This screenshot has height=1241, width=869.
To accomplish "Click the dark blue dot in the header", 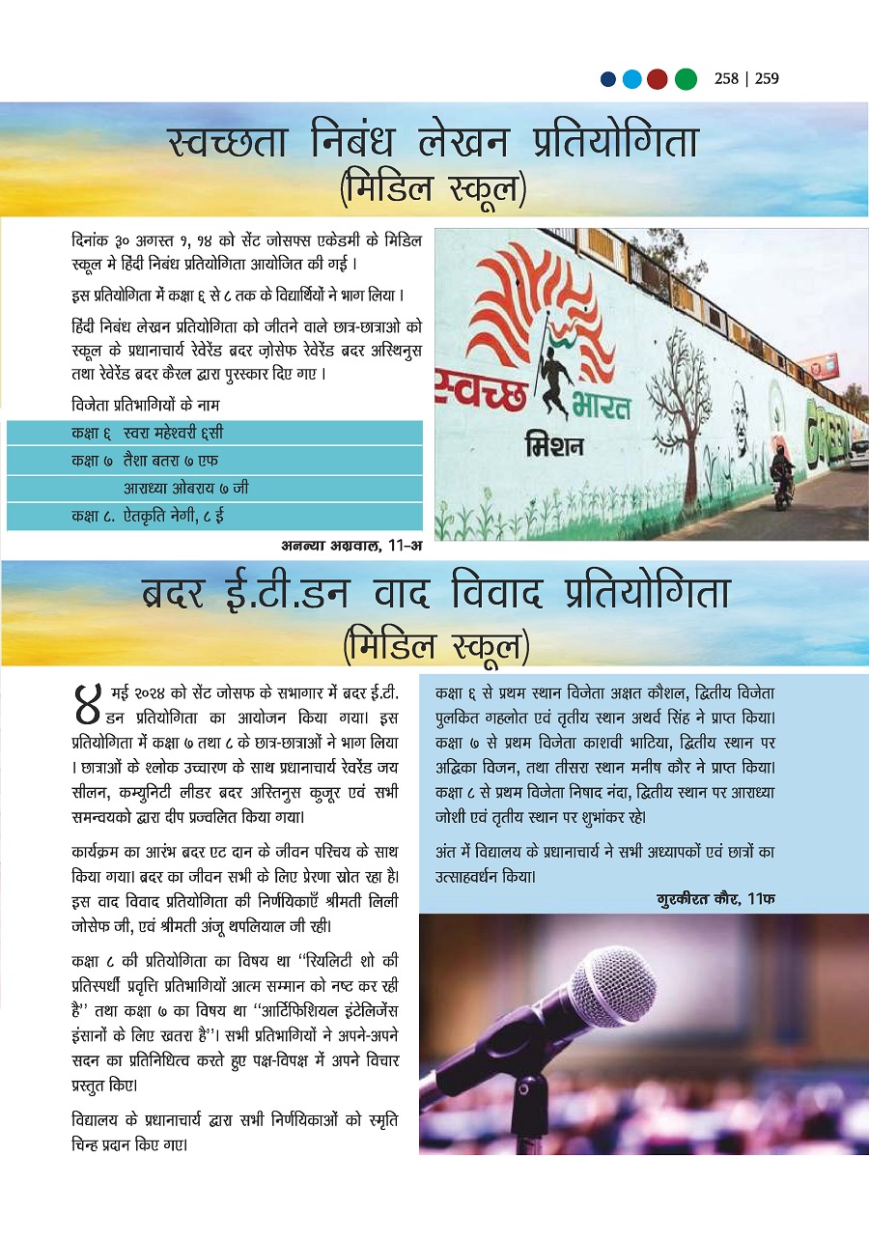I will [608, 79].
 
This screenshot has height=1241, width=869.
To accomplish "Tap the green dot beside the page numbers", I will [686, 79].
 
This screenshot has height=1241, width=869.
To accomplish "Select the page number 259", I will [768, 79].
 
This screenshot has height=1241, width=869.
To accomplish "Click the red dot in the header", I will [659, 79].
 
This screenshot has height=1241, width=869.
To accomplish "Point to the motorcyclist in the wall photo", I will [782, 473].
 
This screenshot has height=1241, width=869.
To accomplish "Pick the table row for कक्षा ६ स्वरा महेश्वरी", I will [214, 432].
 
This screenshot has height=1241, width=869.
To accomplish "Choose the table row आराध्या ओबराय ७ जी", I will [214, 488].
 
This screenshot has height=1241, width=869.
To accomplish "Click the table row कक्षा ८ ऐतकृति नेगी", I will [214, 516].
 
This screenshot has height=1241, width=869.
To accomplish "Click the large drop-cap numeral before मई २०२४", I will [89, 703].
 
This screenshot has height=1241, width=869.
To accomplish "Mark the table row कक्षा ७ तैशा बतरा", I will [214, 460].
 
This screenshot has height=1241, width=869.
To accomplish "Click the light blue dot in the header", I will [632, 79].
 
